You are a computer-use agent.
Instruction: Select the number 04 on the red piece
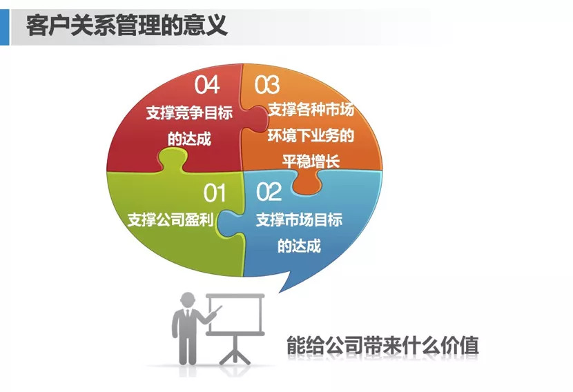tap(206, 85)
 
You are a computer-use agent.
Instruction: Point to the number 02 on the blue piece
tap(269, 192)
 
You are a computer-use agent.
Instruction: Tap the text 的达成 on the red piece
tap(188, 138)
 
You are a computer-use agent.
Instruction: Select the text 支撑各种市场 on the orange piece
tap(310, 110)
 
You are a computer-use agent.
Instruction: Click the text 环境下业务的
tap(310, 135)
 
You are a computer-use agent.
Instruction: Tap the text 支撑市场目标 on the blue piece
tap(299, 220)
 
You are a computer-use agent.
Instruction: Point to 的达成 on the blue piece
tap(299, 246)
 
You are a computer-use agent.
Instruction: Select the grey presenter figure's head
tap(188, 301)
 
